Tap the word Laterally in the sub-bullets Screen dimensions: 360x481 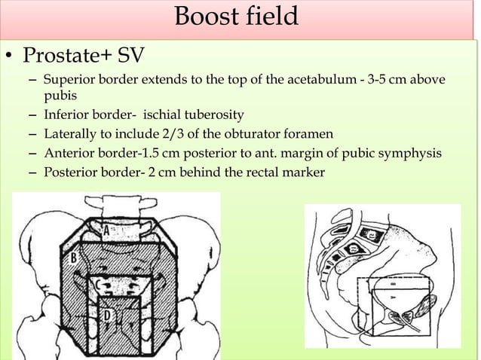[x=72, y=136]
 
